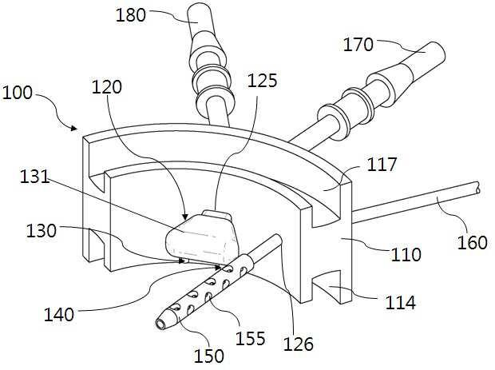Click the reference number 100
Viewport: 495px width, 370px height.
tap(18, 93)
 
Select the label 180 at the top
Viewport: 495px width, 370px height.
tap(132, 15)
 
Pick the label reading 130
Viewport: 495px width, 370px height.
tap(42, 231)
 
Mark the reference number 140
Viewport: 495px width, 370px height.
tap(59, 315)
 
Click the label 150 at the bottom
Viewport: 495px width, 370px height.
tap(210, 356)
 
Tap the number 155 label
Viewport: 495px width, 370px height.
tap(250, 338)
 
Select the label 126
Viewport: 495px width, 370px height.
tap(299, 344)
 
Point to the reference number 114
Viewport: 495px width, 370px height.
tap(399, 303)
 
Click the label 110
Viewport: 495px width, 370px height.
tap(406, 255)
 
